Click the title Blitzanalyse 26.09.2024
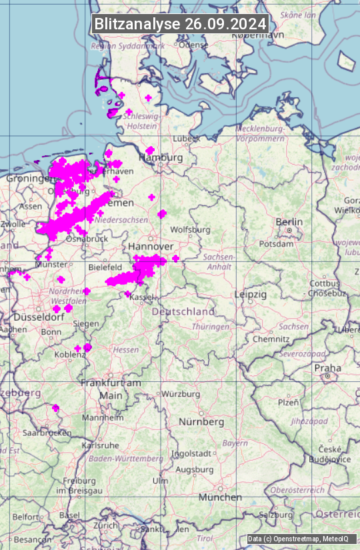pos(180,23)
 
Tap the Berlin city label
pos(289,222)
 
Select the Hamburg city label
pos(161,158)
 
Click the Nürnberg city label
pos(201,422)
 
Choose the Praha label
pos(327,367)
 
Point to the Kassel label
pos(143,297)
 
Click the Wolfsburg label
pos(190,230)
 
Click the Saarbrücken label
pos(47,433)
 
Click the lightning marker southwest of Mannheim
pos(56,407)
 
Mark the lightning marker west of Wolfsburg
pos(162,213)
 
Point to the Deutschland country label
pos(183,311)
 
